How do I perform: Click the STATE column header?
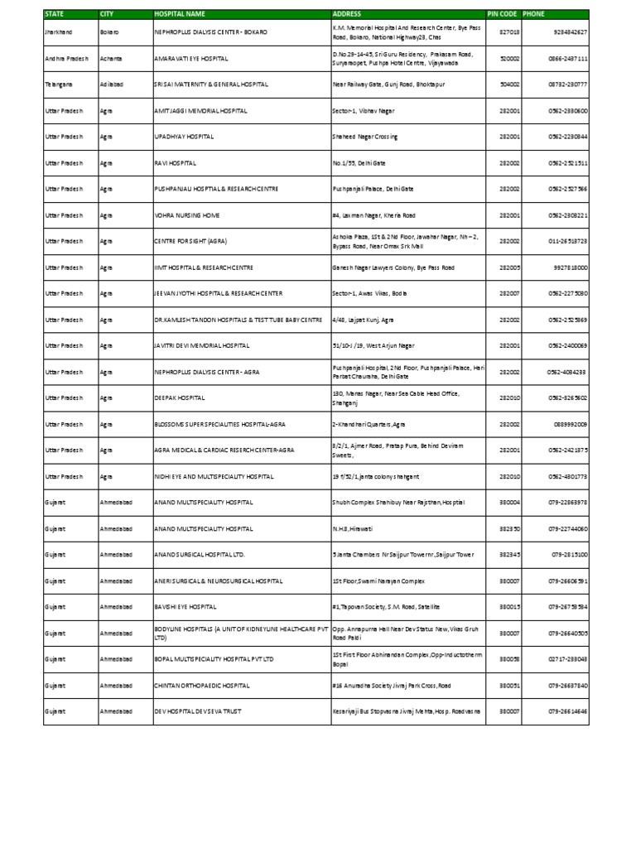click(x=55, y=14)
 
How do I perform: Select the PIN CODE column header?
click(x=502, y=14)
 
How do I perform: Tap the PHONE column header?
click(x=534, y=14)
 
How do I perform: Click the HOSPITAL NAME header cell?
click(x=178, y=14)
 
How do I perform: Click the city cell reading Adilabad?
click(x=113, y=84)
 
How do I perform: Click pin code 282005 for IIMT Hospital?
click(x=508, y=268)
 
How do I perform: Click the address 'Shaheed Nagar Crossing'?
click(x=364, y=137)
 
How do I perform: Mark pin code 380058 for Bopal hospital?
click(x=508, y=659)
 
